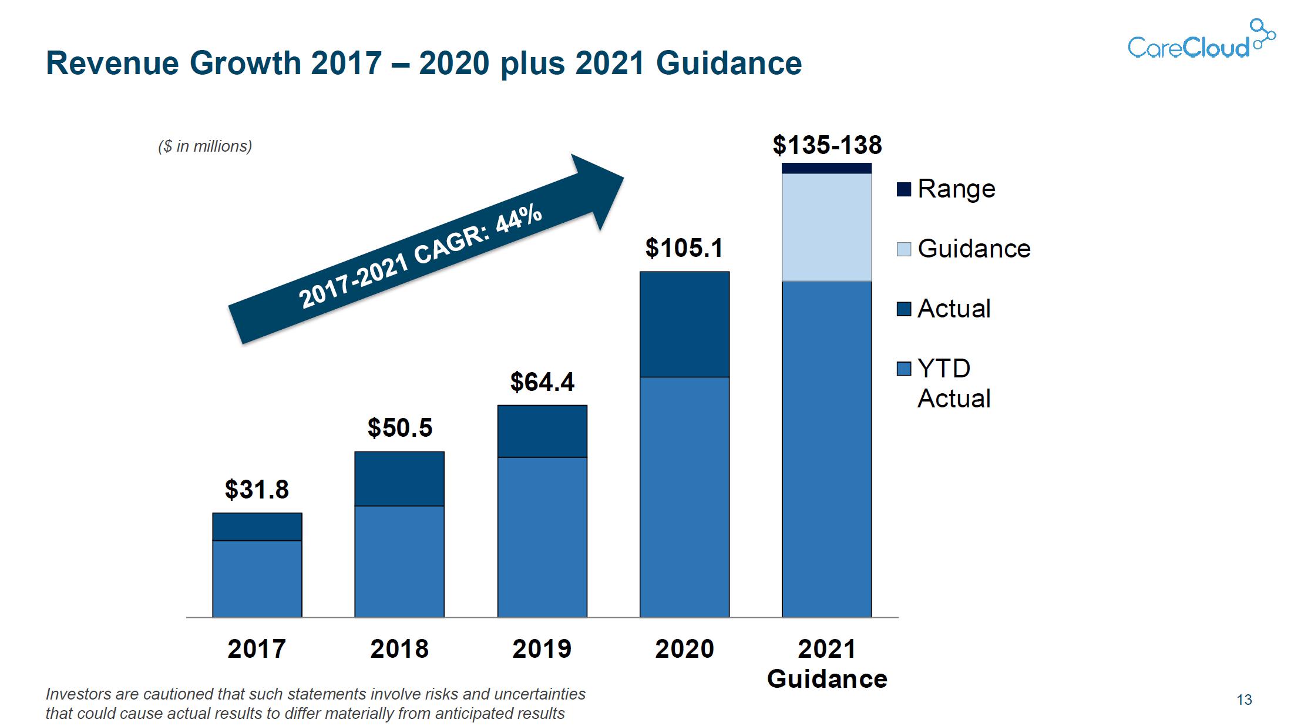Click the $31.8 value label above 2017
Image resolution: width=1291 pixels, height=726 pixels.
coord(257,489)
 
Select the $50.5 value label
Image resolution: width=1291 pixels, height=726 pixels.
coord(399,427)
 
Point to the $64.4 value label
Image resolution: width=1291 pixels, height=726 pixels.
coord(542,382)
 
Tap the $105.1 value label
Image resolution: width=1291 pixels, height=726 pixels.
coord(684,247)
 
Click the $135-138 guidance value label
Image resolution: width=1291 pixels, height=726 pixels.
coord(827,145)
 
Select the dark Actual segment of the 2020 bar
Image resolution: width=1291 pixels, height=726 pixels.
coord(684,324)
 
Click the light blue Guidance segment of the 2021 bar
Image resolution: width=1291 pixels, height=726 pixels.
coord(826,227)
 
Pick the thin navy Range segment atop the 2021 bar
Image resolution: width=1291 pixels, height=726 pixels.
coord(826,169)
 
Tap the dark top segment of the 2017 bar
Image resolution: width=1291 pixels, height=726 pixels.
coord(257,527)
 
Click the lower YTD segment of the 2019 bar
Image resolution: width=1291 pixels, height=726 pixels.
coord(542,537)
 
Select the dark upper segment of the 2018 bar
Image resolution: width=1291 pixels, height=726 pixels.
coord(399,479)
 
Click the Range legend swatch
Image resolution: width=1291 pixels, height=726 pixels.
coord(904,189)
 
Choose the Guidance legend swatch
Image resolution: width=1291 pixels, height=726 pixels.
coord(904,249)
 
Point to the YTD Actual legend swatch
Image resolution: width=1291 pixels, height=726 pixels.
coord(904,369)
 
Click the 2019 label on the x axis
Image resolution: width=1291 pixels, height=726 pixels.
coord(542,649)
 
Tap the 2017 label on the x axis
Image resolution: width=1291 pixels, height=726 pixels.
coord(257,649)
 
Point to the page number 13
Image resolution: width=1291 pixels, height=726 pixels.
coord(1244,700)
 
